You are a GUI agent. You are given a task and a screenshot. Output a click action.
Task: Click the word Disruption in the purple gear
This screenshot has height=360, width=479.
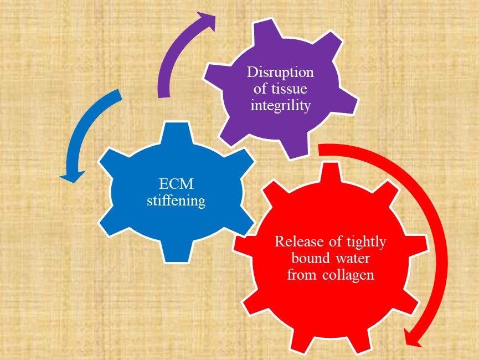(280, 73)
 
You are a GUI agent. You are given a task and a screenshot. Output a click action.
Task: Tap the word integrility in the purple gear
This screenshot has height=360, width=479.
(280, 105)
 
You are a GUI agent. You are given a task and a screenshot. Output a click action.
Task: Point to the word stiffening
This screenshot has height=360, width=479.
(176, 200)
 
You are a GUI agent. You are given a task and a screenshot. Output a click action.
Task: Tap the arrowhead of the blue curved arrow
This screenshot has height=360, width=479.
(70, 177)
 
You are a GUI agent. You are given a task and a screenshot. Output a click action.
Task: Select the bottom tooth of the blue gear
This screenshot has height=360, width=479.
(176, 252)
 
